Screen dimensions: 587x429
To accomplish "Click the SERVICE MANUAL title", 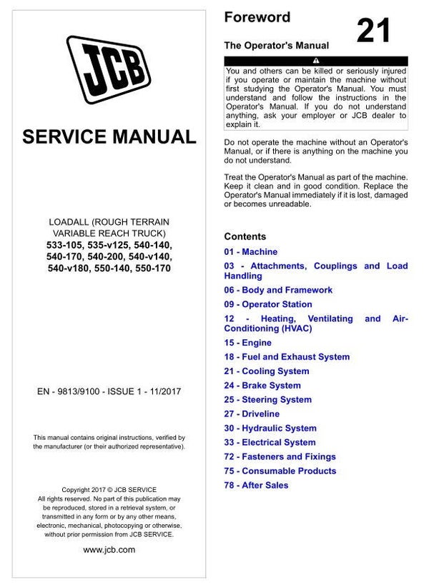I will point(109,136).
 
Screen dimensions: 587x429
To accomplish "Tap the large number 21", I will point(373,32).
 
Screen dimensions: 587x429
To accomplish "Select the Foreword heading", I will point(257,17).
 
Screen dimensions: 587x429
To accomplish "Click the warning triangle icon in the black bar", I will point(315,61).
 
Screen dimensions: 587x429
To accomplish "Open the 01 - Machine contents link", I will point(250,252).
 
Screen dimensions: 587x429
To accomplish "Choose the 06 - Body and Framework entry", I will point(278,290).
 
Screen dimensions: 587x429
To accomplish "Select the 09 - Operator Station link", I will point(268,304).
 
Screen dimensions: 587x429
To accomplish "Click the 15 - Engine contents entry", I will point(247,343).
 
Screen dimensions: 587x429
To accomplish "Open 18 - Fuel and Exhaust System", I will point(287,357).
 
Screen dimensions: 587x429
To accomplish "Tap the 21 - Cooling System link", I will point(267,371).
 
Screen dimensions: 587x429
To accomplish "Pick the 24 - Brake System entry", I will point(262,386).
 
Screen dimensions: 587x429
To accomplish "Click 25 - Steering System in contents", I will point(268,400).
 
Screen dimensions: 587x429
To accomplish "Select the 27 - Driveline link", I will point(252,414).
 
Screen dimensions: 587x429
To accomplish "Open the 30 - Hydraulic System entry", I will point(270,428).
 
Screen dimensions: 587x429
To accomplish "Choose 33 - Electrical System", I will point(270,443).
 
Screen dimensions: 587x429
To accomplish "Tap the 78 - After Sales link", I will point(256,486).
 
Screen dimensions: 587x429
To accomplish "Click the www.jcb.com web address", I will point(109,550).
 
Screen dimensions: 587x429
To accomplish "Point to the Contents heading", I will point(245,236).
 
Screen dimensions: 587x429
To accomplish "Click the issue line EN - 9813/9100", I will point(109,392).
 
